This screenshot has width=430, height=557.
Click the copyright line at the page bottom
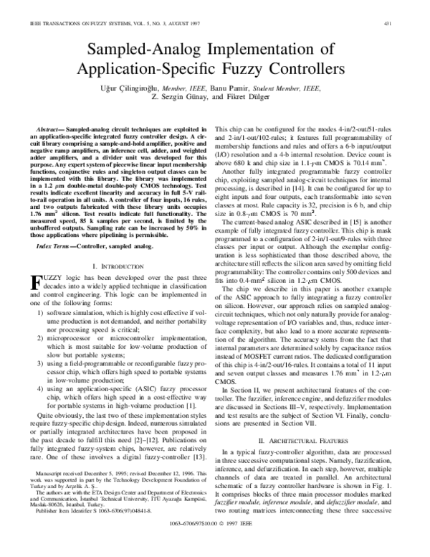(x=214, y=544)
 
